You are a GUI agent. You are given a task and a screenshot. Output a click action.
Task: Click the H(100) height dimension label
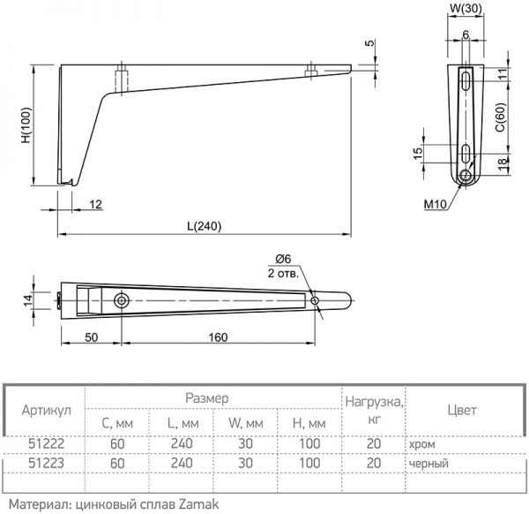(26, 126)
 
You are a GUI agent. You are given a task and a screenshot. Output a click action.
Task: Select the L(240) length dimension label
(203, 226)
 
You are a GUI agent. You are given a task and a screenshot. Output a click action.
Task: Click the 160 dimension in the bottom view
(219, 337)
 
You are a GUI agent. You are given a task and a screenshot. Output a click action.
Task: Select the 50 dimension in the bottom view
(91, 337)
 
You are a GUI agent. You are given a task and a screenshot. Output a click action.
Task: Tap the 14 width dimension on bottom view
(27, 300)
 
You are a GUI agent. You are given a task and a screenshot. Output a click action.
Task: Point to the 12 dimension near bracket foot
(95, 205)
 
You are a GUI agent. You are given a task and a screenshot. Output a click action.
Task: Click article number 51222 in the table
(45, 445)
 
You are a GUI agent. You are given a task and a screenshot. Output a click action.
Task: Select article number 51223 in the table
(45, 463)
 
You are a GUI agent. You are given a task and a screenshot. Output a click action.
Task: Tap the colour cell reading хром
(421, 445)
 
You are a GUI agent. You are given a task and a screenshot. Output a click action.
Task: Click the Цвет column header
(461, 411)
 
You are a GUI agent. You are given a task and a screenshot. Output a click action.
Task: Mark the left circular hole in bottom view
(121, 301)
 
